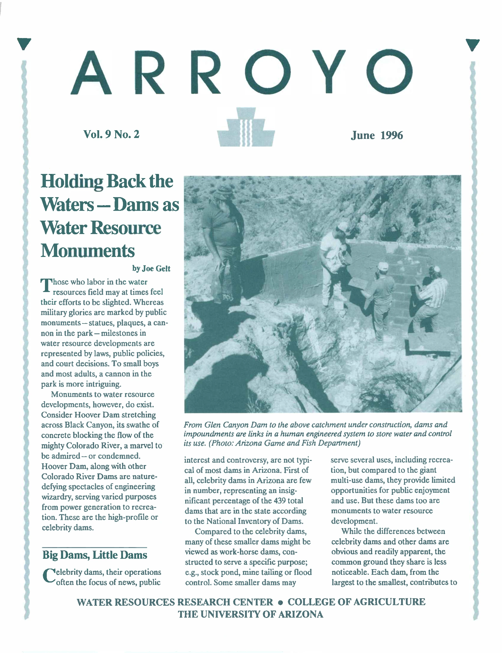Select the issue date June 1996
[376, 136]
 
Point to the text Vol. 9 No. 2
[111, 135]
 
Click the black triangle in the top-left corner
[24, 44]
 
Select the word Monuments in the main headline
[88, 251]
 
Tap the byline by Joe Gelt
[151, 269]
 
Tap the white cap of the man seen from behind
[383, 265]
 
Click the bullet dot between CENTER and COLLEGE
[280, 602]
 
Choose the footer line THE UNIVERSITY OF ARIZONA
[250, 615]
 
